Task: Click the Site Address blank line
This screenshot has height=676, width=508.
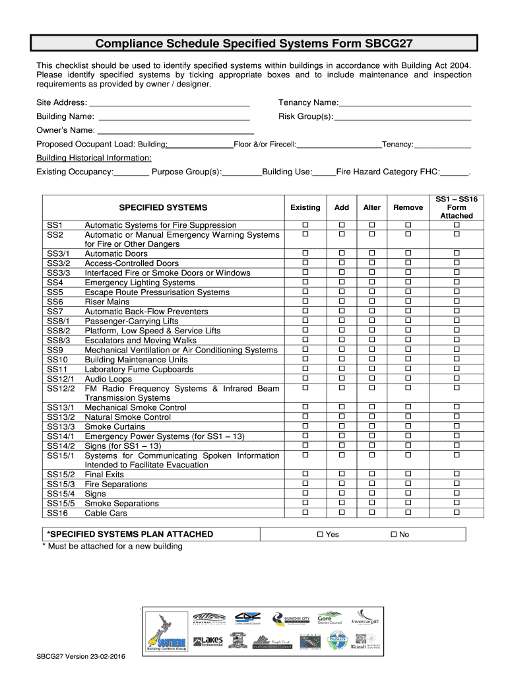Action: click(x=169, y=104)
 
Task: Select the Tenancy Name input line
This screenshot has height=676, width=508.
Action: click(x=404, y=104)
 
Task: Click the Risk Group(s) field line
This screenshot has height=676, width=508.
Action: click(x=402, y=118)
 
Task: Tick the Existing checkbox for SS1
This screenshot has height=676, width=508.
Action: click(x=305, y=225)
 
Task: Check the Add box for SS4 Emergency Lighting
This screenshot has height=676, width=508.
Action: click(x=342, y=283)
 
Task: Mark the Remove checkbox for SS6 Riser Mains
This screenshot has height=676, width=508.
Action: click(x=408, y=302)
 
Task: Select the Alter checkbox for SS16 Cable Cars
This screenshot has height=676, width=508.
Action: click(x=371, y=513)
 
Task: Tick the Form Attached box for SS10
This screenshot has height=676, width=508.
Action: click(x=456, y=359)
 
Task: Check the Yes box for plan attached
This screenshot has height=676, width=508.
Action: click(x=320, y=534)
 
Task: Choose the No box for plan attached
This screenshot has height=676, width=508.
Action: click(x=393, y=534)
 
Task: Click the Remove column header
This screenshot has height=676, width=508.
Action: click(x=408, y=207)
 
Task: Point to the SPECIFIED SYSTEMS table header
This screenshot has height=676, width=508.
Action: click(x=163, y=207)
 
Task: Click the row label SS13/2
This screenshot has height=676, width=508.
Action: click(x=61, y=417)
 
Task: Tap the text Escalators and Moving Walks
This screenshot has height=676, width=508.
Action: click(x=141, y=341)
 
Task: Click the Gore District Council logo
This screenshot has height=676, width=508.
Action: click(x=329, y=619)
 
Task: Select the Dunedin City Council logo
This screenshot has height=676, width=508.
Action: click(x=292, y=619)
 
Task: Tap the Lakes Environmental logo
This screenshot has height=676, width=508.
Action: click(x=208, y=642)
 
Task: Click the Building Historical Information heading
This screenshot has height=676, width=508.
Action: click(x=94, y=158)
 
